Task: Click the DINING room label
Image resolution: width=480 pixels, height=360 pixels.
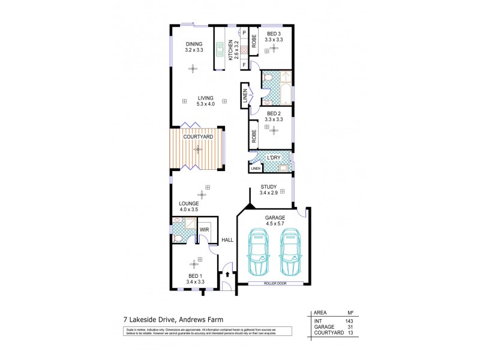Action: click(x=193, y=44)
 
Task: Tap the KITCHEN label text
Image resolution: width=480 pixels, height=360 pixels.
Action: click(x=230, y=50)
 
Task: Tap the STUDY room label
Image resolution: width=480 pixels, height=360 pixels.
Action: click(x=268, y=187)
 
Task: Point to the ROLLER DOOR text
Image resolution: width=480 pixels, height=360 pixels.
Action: click(x=275, y=283)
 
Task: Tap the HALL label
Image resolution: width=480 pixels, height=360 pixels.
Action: click(x=227, y=240)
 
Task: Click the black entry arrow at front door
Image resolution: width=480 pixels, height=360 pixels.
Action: click(x=227, y=275)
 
